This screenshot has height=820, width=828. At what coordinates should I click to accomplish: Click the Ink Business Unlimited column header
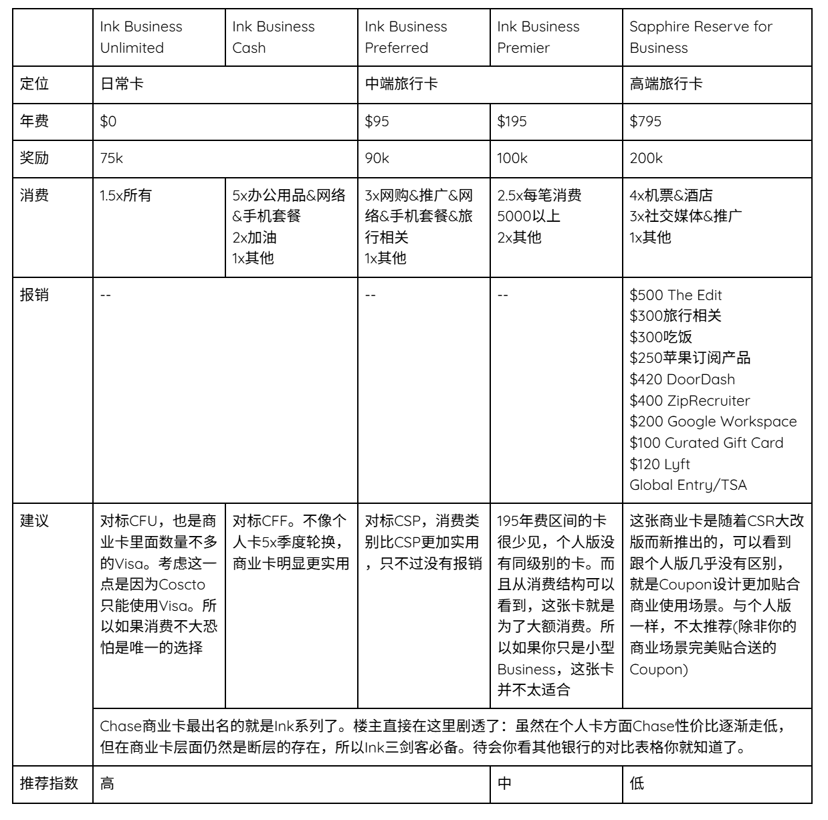click(x=141, y=37)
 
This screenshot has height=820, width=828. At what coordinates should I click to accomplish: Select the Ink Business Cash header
click(x=273, y=37)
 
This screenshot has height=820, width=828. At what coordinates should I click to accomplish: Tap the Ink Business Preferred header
click(x=405, y=37)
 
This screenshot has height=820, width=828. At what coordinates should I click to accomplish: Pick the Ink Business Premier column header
click(x=538, y=37)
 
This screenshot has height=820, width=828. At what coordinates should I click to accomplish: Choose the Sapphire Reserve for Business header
click(x=700, y=37)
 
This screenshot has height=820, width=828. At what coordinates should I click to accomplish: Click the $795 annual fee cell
click(x=645, y=122)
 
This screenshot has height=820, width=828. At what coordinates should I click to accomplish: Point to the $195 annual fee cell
click(x=512, y=122)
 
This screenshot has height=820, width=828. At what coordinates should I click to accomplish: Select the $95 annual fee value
click(x=377, y=122)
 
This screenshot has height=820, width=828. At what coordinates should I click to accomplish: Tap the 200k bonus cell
click(x=645, y=158)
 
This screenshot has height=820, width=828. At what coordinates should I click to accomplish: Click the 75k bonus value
click(x=112, y=158)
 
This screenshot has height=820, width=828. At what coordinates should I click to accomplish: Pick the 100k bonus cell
click(x=512, y=158)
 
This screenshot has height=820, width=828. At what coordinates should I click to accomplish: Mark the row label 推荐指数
click(x=49, y=783)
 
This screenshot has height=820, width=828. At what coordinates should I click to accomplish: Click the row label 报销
click(x=34, y=295)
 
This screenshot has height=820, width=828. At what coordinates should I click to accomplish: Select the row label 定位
click(x=34, y=84)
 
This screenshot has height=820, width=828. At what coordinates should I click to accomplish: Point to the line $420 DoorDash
click(x=682, y=380)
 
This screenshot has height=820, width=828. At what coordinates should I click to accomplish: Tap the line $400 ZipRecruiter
click(x=690, y=401)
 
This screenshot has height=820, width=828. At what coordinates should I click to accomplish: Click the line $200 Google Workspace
click(x=713, y=422)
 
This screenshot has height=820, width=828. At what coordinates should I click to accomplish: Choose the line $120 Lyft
click(x=659, y=464)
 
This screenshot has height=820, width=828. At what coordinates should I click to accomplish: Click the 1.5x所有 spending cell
click(x=126, y=196)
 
